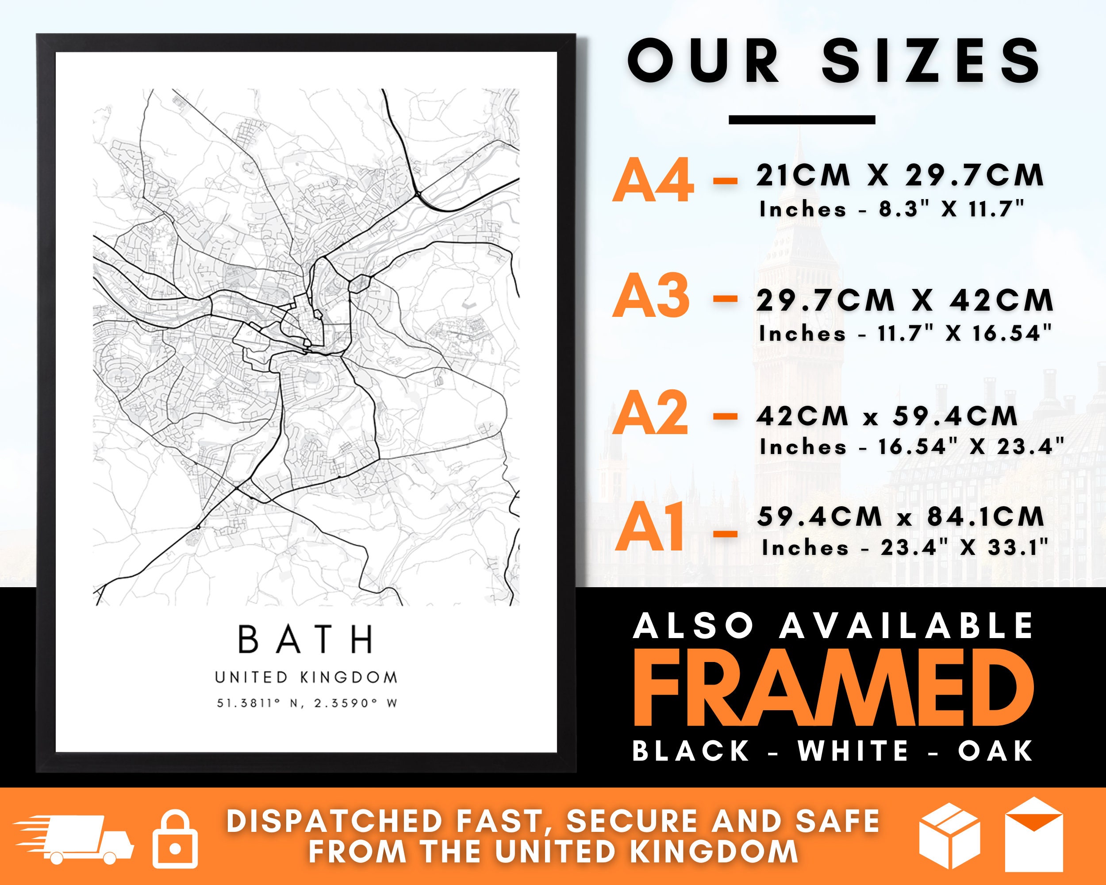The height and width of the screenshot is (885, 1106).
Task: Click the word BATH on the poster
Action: (306, 639)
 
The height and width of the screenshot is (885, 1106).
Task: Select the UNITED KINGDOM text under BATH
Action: (306, 677)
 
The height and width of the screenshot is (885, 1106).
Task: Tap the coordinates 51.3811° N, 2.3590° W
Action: (307, 704)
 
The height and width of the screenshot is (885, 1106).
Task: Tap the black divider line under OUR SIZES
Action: (802, 120)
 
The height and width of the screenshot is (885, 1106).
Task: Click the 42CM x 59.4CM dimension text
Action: (887, 415)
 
